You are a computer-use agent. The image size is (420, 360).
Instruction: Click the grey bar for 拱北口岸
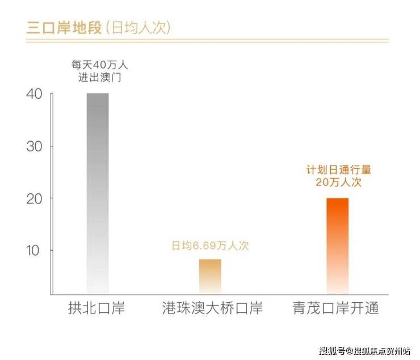pyautogui.click(x=98, y=193)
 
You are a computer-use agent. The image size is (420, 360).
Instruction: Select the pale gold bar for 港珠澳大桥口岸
pyautogui.click(x=210, y=276)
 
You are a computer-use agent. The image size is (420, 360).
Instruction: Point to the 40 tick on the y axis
pyautogui.click(x=34, y=95)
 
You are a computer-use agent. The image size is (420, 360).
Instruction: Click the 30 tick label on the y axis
pyautogui.click(x=34, y=146)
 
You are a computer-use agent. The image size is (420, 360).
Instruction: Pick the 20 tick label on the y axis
pyautogui.click(x=34, y=198)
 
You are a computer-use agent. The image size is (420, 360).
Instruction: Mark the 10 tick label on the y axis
pyautogui.click(x=34, y=250)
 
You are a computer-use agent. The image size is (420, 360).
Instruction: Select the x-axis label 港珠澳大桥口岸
pyautogui.click(x=210, y=309)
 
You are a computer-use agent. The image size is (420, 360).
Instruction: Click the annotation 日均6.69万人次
pyautogui.click(x=211, y=246)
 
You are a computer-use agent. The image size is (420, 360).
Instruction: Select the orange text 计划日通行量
pyautogui.click(x=338, y=170)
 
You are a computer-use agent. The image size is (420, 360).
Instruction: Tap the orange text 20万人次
pyautogui.click(x=338, y=183)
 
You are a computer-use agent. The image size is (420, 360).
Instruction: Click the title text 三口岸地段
pyautogui.click(x=63, y=27)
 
